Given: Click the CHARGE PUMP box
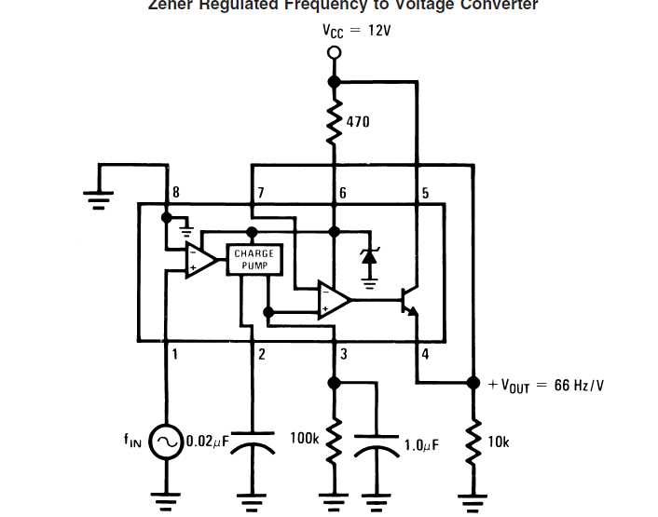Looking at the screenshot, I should click(x=254, y=260).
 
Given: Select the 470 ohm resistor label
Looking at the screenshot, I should click(x=358, y=121).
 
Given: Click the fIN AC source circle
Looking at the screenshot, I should click(x=167, y=441).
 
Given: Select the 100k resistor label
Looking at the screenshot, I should click(x=305, y=437).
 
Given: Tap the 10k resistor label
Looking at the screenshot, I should click(x=499, y=442).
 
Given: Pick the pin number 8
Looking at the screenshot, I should click(x=174, y=193).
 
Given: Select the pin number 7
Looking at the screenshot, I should click(x=261, y=193).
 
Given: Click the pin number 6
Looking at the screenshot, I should click(x=342, y=193).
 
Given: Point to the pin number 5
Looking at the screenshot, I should click(x=425, y=193).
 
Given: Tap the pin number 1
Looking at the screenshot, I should click(x=174, y=354).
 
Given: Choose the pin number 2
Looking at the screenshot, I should click(x=261, y=354).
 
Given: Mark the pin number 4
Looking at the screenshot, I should click(x=425, y=354).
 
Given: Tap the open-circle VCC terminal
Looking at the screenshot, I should click(x=334, y=53).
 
